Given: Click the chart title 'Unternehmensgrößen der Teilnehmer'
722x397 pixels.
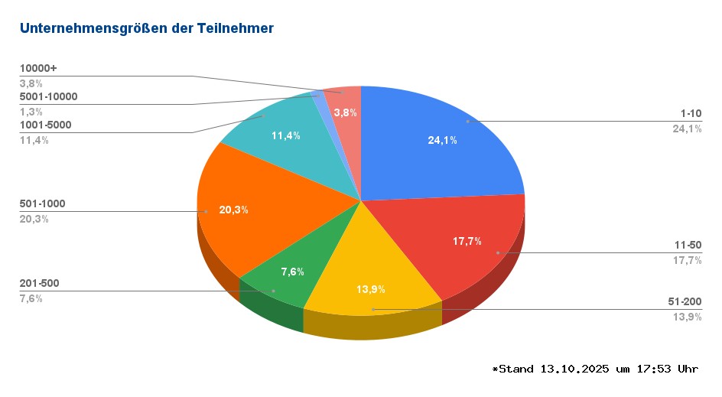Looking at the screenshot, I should coord(146,29).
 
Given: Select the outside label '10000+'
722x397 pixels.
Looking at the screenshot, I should coord(38,68).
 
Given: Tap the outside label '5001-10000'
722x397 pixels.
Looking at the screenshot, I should coord(48,96).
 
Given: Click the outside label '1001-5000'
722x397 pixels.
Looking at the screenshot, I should coord(46,125).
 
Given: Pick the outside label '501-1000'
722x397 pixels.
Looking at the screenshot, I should coord(42,203).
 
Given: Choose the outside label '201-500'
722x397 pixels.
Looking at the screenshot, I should coord(39,283).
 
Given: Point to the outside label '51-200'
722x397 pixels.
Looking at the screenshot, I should coord(684,302).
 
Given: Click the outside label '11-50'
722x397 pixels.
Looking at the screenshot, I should coord(687,245).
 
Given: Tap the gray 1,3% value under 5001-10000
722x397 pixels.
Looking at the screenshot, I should coord(31,112).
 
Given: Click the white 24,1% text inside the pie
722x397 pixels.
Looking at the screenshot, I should coord(442,140).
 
